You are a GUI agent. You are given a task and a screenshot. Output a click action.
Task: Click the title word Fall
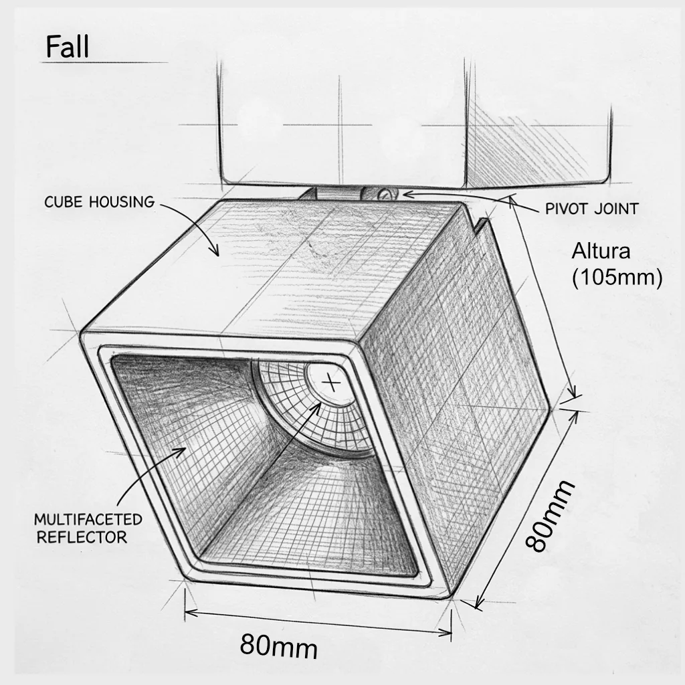pyautogui.click(x=68, y=47)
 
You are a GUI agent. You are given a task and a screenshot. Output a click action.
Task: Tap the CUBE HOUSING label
pyautogui.click(x=100, y=202)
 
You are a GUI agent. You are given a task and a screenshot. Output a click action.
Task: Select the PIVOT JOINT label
pyautogui.click(x=592, y=209)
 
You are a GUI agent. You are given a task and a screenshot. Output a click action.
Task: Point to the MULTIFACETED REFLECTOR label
pyautogui.click(x=88, y=528)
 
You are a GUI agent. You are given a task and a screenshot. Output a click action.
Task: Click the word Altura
pyautogui.click(x=601, y=252)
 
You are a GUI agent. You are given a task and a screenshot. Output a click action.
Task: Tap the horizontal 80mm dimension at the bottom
pyautogui.click(x=279, y=646)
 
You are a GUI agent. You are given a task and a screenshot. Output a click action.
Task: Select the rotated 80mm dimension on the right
pyautogui.click(x=549, y=516)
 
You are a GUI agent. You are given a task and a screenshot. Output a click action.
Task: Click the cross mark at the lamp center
pyautogui.click(x=333, y=383)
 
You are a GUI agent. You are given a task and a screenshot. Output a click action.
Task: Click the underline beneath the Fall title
pyautogui.click(x=105, y=62)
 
